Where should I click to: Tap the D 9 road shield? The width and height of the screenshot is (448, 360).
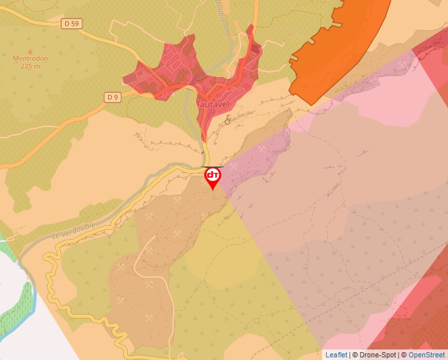pyautogui.click(x=113, y=97)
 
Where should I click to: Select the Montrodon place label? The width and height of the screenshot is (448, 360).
pyautogui.click(x=30, y=58)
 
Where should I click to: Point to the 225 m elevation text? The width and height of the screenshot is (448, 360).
pyautogui.click(x=30, y=66)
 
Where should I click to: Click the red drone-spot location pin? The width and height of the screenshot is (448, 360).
pyautogui.click(x=213, y=176)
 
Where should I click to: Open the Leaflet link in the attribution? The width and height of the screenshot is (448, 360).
pyautogui.click(x=336, y=355)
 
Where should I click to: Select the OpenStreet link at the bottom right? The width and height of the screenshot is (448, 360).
pyautogui.click(x=426, y=355)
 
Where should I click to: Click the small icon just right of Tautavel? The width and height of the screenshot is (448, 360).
pyautogui.click(x=228, y=120)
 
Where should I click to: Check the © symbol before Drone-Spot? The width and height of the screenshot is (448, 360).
pyautogui.click(x=355, y=355)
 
